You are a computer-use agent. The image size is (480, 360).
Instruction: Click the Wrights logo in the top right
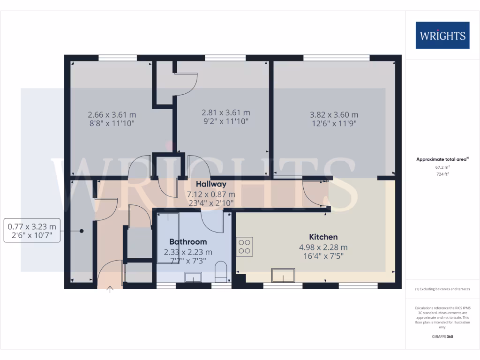coord(442,35)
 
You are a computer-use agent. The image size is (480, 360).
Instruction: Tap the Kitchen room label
coord(323,237)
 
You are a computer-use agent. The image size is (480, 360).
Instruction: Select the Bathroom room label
coord(188,242)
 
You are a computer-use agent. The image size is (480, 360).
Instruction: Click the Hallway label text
coord(211,184)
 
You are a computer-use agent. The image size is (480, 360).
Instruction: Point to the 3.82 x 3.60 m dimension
coord(334,115)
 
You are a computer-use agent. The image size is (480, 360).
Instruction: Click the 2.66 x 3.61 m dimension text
coord(112,114)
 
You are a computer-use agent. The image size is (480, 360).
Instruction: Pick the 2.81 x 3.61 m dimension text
coord(225,112)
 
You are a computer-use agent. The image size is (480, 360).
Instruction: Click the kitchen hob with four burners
coord(244,246)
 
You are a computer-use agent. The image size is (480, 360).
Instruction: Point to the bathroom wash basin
coord(193,278)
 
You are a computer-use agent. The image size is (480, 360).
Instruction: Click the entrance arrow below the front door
coord(110,289)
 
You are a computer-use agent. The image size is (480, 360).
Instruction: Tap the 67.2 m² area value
coord(442,167)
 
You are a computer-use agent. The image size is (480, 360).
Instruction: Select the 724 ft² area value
coord(442,174)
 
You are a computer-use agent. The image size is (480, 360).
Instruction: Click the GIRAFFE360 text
coord(442,337)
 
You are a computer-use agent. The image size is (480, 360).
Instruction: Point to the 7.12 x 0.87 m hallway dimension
coord(211,194)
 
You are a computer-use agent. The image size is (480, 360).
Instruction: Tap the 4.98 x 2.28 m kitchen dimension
coord(323,247)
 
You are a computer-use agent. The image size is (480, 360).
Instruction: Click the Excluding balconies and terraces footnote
coord(442,289)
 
